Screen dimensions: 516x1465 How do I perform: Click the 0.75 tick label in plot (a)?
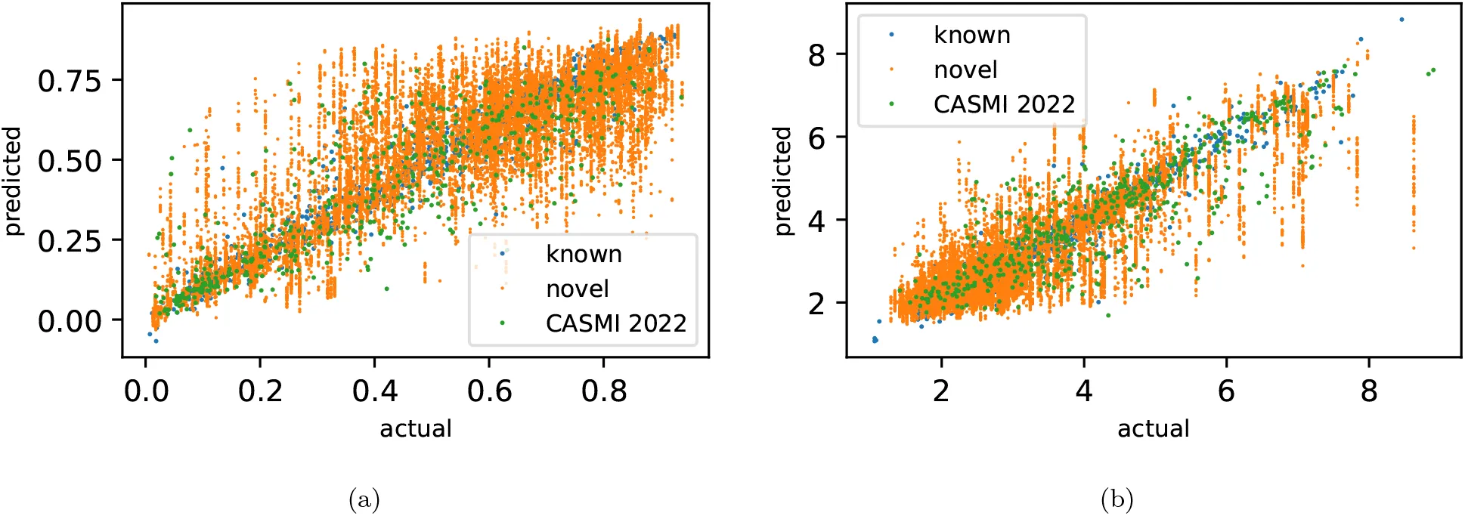(70, 81)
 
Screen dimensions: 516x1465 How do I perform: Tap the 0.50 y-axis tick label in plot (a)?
(70, 161)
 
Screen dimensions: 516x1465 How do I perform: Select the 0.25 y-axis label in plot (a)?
(70, 241)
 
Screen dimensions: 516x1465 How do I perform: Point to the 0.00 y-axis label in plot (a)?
(70, 321)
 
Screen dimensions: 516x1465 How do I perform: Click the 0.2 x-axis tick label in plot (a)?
(260, 391)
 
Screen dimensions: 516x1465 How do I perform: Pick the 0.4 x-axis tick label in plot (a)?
(375, 391)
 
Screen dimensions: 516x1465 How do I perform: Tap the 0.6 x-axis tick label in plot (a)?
(489, 391)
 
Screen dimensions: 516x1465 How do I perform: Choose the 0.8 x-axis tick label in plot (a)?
(604, 391)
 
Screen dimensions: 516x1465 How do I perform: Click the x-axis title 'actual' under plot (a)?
(415, 428)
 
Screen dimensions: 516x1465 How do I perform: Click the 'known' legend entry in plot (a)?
(584, 254)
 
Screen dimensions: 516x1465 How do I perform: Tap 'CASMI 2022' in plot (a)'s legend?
(615, 323)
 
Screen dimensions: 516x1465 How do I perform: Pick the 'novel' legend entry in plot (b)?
(965, 70)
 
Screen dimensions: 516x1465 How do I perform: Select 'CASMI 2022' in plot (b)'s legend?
(1004, 104)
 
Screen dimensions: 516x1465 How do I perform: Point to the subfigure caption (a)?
(364, 499)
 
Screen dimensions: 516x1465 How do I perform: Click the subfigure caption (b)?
(1117, 499)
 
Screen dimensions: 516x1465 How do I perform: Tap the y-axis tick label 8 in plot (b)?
(816, 55)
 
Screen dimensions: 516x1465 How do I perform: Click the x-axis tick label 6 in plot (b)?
(1226, 391)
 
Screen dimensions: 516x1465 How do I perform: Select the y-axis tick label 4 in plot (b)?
(816, 221)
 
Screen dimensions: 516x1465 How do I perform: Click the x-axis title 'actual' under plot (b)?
(1153, 428)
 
